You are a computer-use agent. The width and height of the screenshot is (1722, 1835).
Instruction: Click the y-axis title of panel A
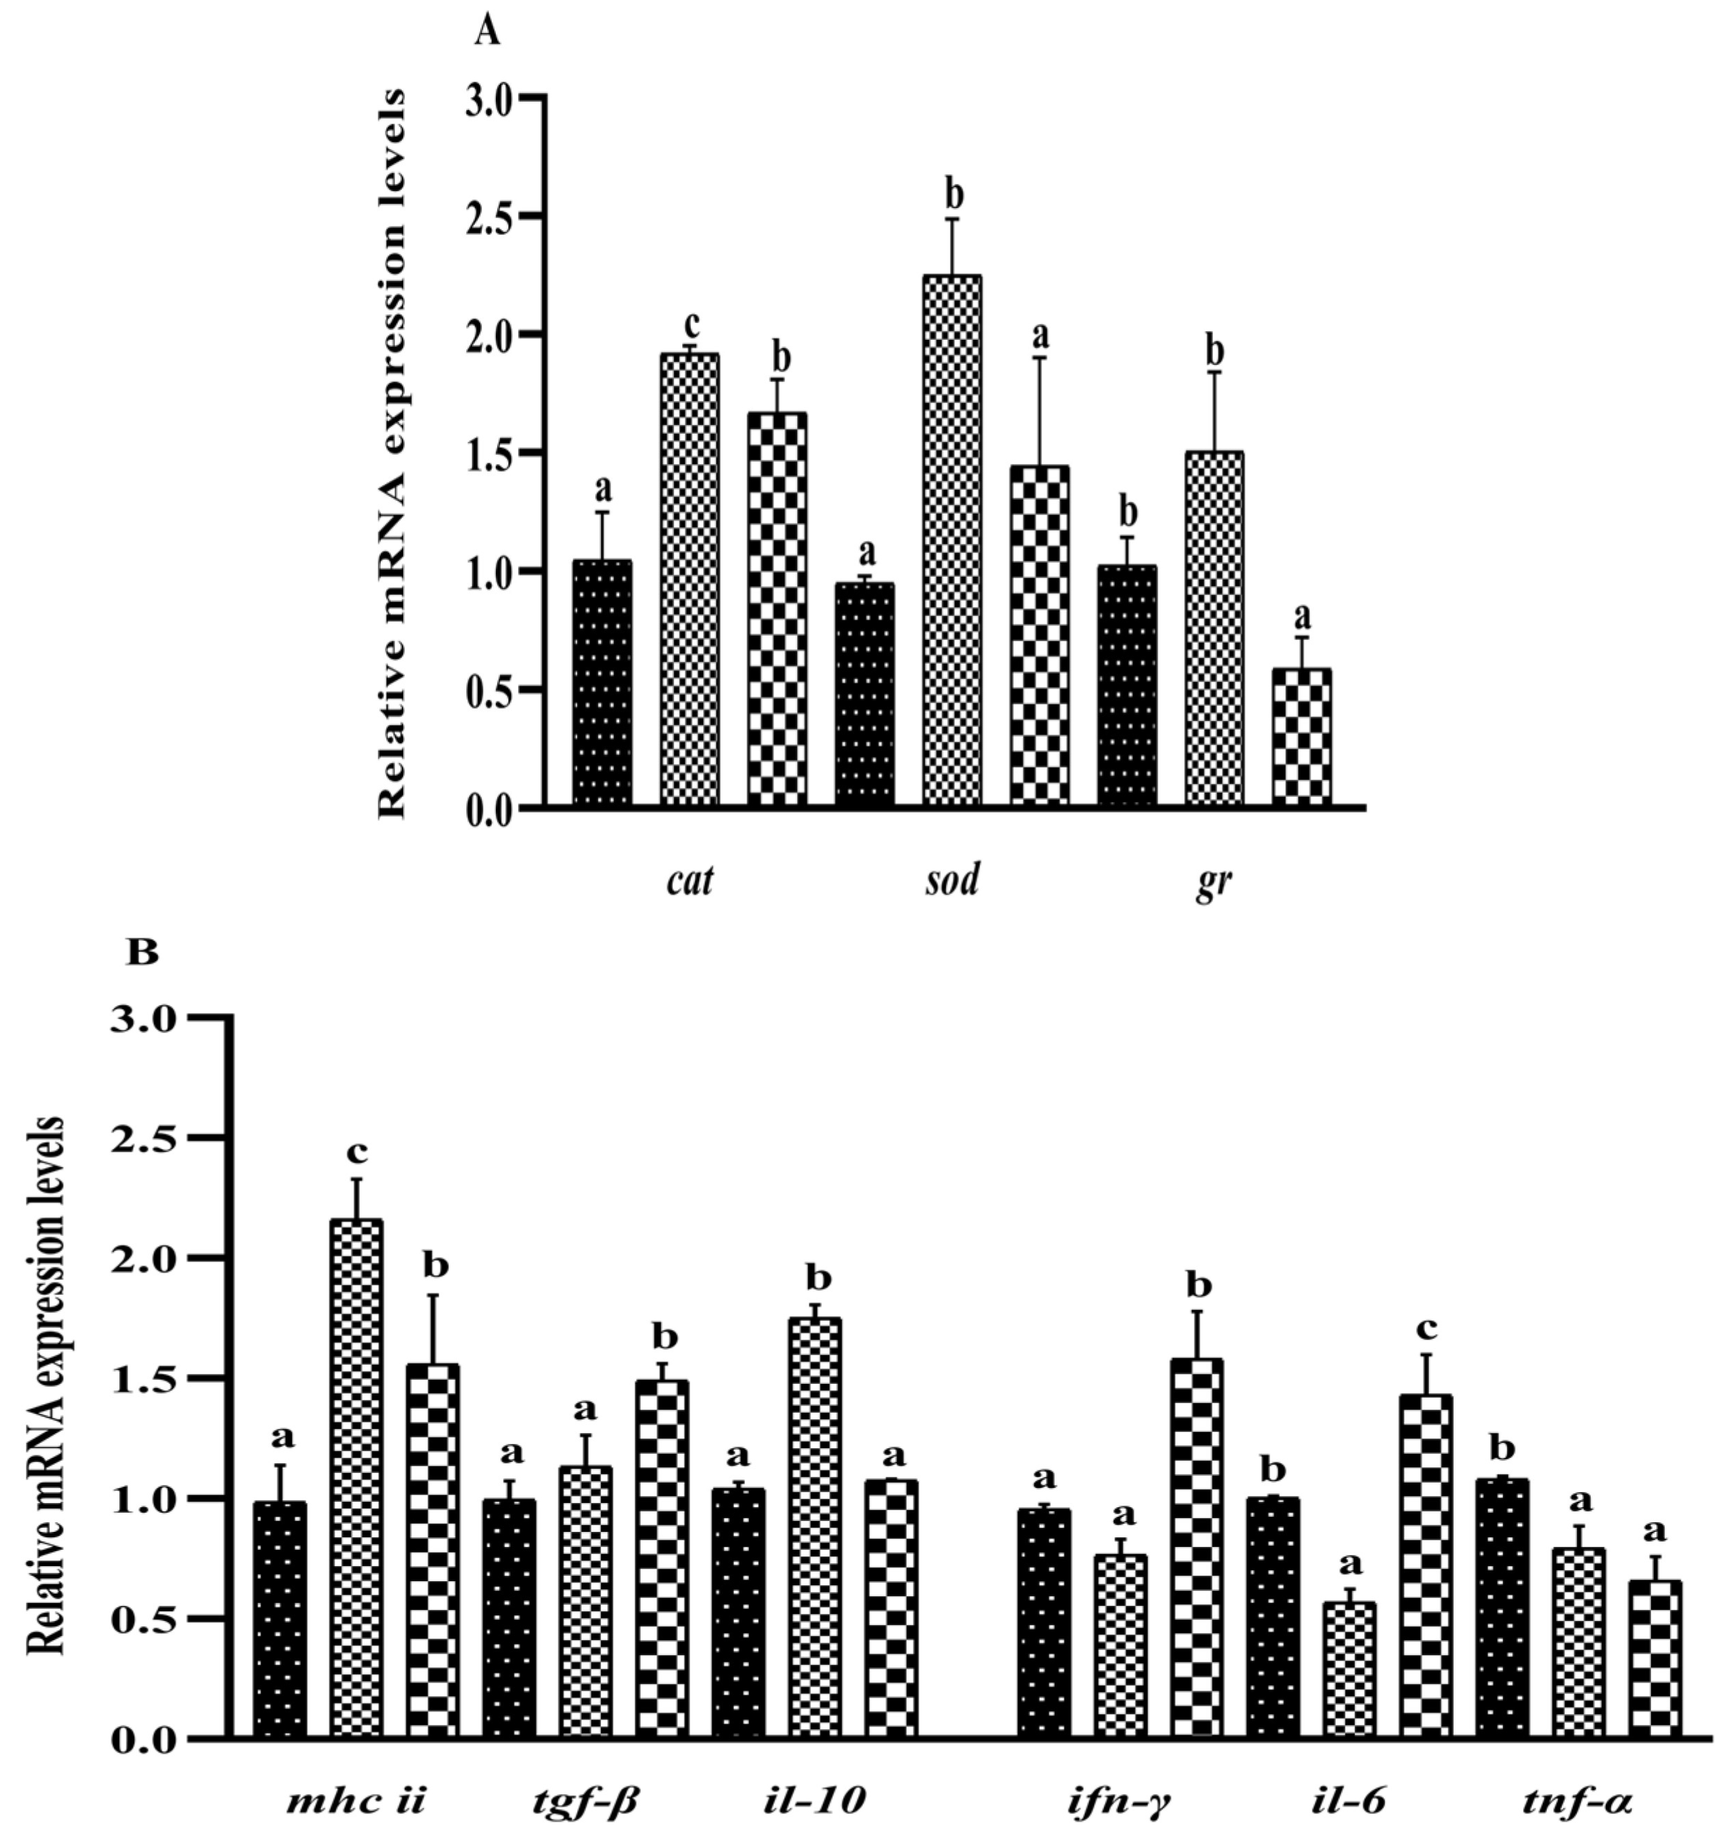(392, 452)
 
